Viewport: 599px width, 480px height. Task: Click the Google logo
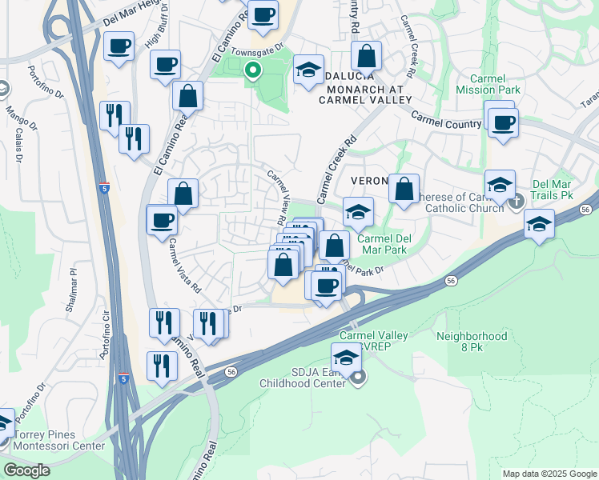[x=26, y=470]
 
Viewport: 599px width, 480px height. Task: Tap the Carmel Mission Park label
[x=488, y=84]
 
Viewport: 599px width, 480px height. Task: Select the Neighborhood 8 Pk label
[x=472, y=342]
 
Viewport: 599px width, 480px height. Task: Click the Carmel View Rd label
[x=275, y=196]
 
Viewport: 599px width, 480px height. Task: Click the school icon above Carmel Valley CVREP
[x=346, y=357]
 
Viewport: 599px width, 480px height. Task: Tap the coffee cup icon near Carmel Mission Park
[x=503, y=123]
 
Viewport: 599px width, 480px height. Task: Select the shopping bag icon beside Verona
[x=404, y=189]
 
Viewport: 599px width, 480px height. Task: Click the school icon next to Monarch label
[x=308, y=69]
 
